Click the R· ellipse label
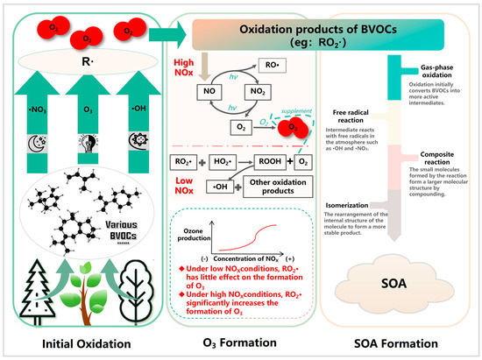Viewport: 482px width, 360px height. [x=86, y=66]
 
